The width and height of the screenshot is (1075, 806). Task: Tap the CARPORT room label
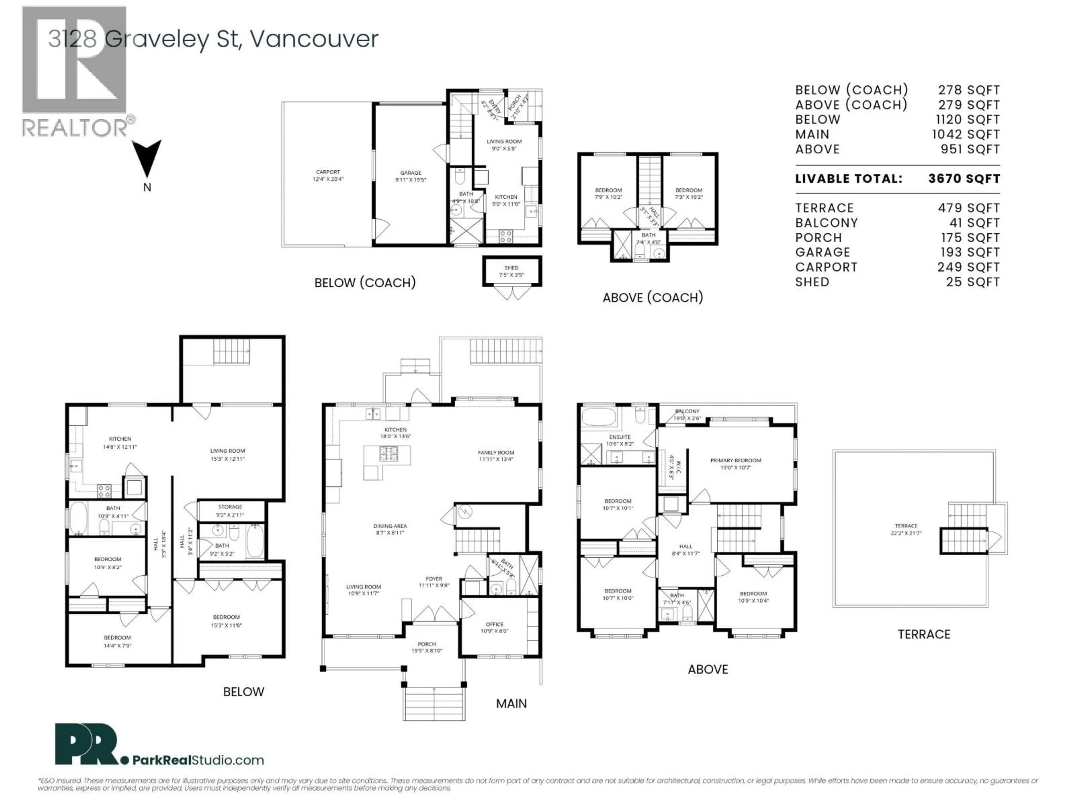pyautogui.click(x=328, y=172)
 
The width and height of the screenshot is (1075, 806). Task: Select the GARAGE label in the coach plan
pyautogui.click(x=411, y=173)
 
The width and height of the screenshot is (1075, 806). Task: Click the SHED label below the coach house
pyautogui.click(x=511, y=268)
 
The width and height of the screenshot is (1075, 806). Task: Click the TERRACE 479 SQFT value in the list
pyautogui.click(x=969, y=208)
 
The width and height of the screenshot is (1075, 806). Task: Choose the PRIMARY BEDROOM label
pyautogui.click(x=735, y=461)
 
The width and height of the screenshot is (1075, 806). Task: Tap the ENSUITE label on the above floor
pyautogui.click(x=620, y=437)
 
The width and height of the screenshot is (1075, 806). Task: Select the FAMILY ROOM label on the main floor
pyautogui.click(x=496, y=453)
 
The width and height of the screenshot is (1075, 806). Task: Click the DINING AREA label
pyautogui.click(x=390, y=526)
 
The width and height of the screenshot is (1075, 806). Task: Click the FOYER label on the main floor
pyautogui.click(x=433, y=579)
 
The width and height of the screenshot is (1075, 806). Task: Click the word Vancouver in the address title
pyautogui.click(x=314, y=39)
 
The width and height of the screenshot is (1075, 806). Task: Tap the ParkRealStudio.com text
pyautogui.click(x=198, y=760)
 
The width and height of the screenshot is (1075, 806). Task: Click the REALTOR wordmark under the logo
pyautogui.click(x=75, y=128)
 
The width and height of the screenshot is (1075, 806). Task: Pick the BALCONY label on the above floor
pyautogui.click(x=687, y=411)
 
